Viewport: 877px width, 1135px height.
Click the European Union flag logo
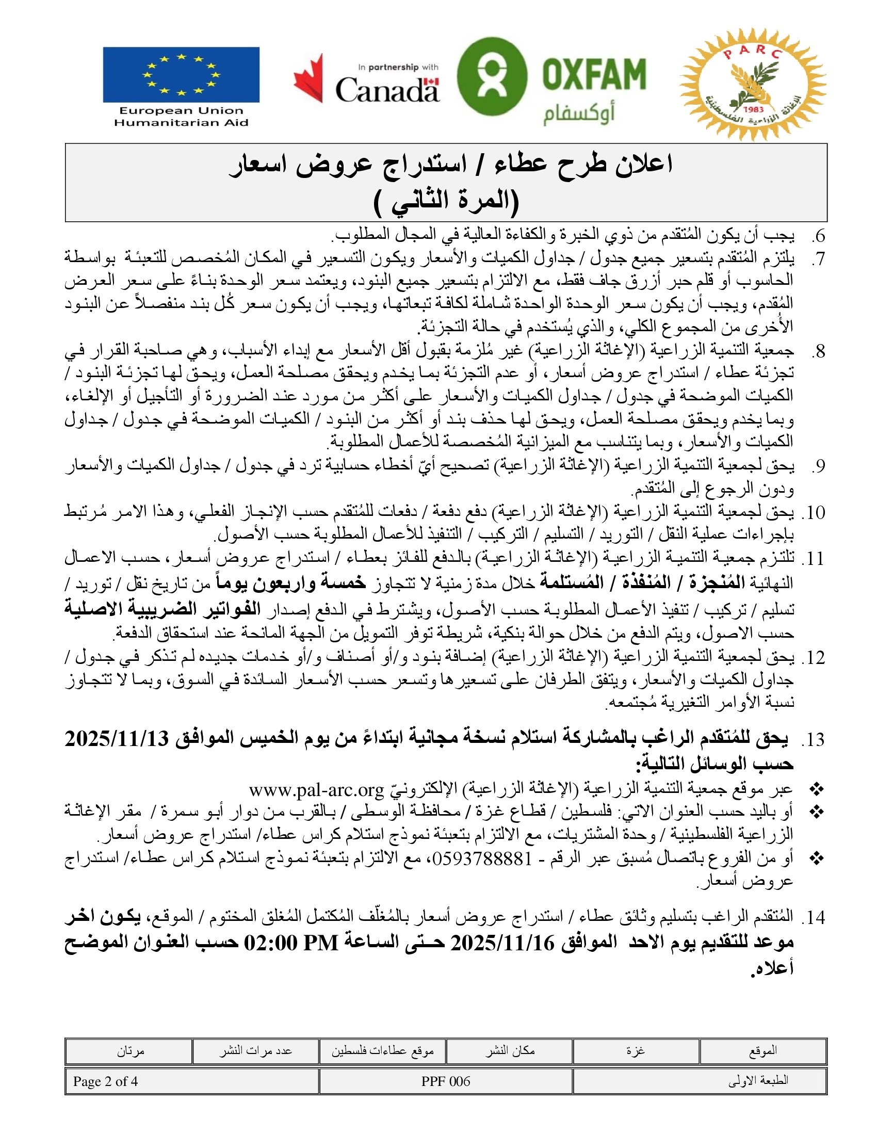click(181, 75)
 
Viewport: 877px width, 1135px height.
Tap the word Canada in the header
click(387, 90)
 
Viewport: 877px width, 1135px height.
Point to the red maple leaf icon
click(308, 78)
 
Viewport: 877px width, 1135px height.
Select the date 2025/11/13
click(118, 738)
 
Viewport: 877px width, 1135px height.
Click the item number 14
click(815, 918)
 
